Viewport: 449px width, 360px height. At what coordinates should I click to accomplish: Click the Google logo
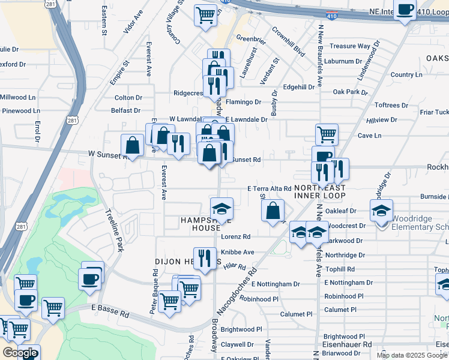20,353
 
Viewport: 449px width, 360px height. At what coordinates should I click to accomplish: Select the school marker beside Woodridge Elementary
381,211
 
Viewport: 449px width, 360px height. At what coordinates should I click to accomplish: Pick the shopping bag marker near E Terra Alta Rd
273,211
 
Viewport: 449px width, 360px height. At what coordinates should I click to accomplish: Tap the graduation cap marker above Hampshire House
221,209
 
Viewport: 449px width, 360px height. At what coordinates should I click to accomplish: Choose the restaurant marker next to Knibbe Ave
205,259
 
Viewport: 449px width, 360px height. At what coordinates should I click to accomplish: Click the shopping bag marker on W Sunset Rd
132,145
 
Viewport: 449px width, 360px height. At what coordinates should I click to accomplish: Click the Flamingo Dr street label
243,102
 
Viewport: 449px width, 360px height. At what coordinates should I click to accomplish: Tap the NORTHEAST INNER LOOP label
321,191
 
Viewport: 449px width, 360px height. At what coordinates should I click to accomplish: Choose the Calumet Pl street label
297,314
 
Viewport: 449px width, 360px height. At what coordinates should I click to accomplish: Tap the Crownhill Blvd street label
289,41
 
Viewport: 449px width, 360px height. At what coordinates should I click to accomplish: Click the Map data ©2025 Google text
412,355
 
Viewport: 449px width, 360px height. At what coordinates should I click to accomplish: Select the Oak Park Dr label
350,92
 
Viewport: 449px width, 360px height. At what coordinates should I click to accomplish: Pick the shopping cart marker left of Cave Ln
327,134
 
